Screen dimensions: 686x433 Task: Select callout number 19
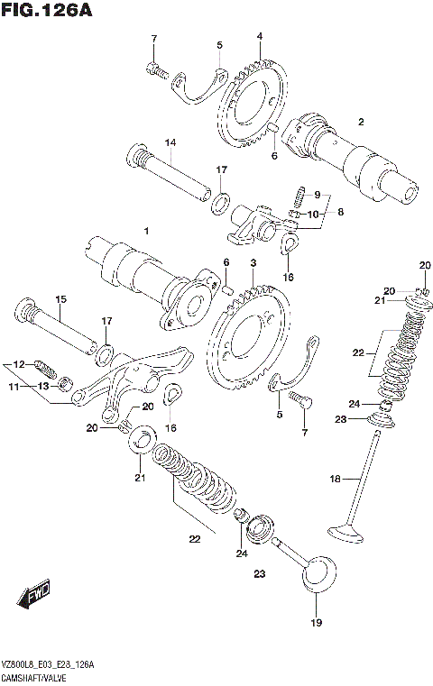pos(315,622)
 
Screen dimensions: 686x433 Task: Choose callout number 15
pos(61,300)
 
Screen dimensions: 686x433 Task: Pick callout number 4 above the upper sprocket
pos(259,37)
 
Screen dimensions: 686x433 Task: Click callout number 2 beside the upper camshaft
pos(360,123)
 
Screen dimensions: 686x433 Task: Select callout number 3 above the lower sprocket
pos(253,262)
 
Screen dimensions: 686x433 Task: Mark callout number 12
pos(17,364)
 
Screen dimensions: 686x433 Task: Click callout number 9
pos(316,195)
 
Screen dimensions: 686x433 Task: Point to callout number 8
pos(340,211)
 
